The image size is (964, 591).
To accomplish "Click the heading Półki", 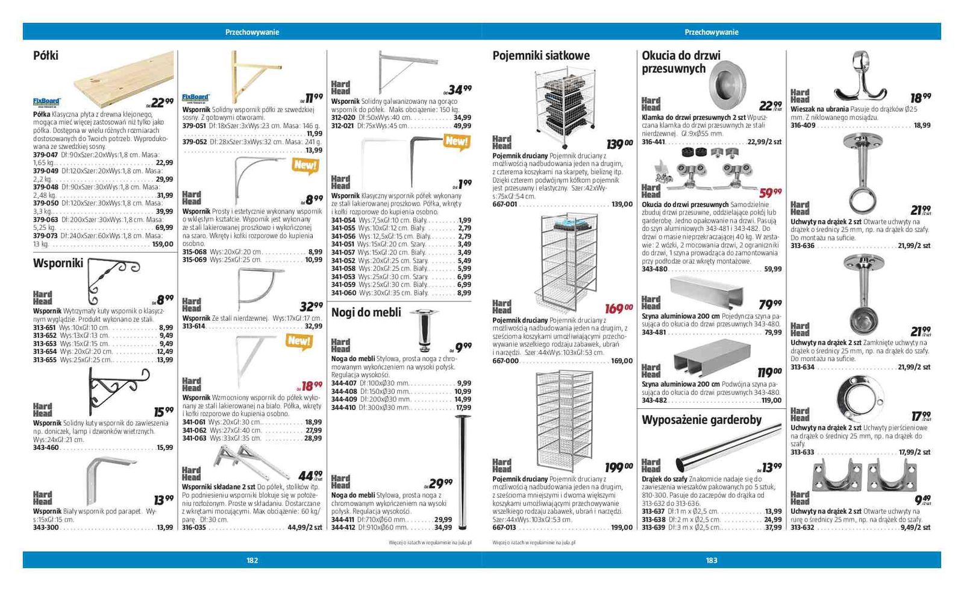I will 46,55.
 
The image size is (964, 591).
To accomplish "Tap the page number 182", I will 252,560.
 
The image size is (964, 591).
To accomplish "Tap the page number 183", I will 712,560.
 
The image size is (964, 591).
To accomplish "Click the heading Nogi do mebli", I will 366,312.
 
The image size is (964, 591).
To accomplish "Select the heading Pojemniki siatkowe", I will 540,55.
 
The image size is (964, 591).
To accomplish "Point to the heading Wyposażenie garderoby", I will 701,420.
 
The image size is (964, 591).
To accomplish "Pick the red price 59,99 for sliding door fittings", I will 770,192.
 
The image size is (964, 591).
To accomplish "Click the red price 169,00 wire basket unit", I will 619,309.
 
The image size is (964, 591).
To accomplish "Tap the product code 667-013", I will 504,527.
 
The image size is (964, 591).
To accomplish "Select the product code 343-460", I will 46,447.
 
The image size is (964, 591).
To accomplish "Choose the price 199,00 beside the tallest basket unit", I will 619,467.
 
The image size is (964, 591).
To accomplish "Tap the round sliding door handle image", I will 726,81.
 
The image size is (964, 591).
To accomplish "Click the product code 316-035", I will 194,527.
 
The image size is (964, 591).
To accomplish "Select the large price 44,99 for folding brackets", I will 310,476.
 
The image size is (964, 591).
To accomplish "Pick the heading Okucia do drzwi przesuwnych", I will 681,62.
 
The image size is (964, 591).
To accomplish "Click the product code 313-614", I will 194,326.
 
